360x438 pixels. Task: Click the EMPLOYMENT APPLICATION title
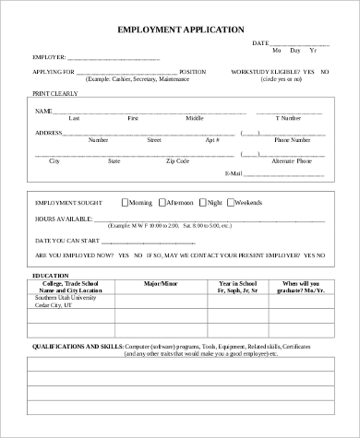[x=180, y=30]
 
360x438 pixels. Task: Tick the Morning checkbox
[x=126, y=201]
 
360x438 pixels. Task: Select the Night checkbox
[x=203, y=201]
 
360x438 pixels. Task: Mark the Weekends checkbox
[x=231, y=201]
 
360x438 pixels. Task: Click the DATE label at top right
[x=260, y=43]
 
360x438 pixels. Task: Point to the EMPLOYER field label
[x=50, y=56]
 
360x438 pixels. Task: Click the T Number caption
[x=288, y=119]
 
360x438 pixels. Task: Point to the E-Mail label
[x=259, y=173]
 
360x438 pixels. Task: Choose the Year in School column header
[x=235, y=284]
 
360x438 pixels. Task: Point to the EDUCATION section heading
[x=51, y=276]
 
